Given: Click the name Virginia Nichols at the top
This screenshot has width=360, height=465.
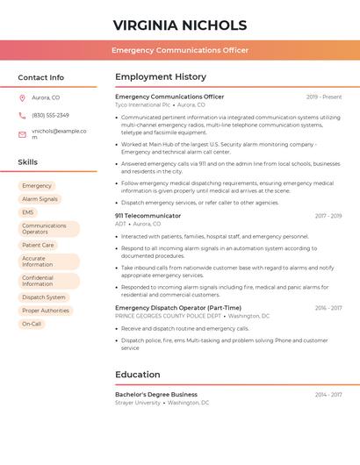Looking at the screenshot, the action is pos(180,25).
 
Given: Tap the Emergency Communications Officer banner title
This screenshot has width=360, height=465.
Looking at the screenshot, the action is pos(180,50).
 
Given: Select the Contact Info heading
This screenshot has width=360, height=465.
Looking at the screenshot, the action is pos(40,77).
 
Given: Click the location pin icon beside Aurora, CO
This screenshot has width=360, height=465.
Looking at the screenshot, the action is pos(22,97).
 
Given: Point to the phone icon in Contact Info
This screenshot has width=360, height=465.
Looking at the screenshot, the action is pos(22,115).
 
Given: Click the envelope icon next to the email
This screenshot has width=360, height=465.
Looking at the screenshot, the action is pos(22,133).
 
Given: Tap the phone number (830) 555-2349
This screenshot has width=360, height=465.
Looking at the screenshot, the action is pos(50,115).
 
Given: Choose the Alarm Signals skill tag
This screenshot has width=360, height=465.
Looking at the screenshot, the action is pos(40,199).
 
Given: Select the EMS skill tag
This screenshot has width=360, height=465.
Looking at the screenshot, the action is pos(28,212).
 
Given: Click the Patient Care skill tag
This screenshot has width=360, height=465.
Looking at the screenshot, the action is pos(38,245).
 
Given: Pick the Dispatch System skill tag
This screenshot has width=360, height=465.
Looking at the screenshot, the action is pos(44,297).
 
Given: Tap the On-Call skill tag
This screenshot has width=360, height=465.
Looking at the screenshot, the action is pos(32,324).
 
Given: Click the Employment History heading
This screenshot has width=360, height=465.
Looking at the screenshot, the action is pos(161,77).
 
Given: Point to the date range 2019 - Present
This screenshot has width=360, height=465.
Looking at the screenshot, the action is pos(324,97).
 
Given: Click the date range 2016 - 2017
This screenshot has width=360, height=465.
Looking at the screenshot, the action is pos(328,308).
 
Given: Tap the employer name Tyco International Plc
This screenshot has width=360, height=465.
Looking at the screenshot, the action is pos(137,104).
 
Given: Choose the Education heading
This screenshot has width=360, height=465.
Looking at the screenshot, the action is pos(137,375).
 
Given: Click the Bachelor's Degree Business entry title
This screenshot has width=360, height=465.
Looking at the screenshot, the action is pos(156,395).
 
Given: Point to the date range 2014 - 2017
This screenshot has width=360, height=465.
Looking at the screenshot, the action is pos(328,395).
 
